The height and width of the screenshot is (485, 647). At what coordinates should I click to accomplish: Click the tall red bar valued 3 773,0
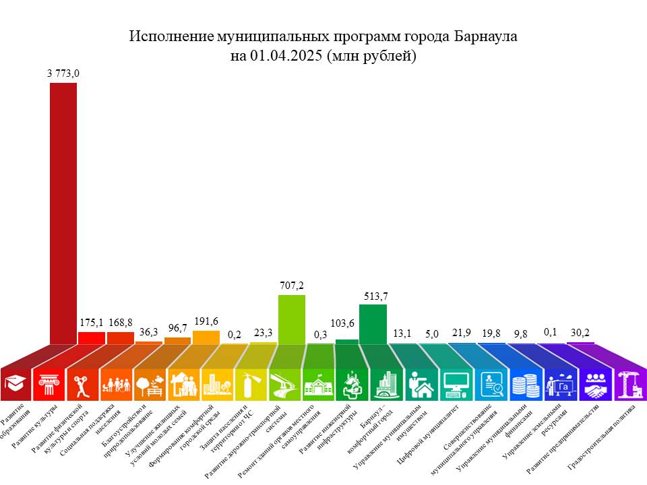(63, 216)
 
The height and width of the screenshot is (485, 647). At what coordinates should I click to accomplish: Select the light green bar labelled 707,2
(292, 321)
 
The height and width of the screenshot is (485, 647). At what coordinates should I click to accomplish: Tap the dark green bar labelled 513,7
(373, 325)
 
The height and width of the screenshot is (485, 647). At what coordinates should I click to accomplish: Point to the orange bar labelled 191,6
(206, 337)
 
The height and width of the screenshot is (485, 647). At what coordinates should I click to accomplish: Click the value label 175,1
(91, 323)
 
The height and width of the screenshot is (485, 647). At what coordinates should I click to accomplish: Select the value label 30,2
(580, 331)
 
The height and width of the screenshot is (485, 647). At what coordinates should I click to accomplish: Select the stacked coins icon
(522, 385)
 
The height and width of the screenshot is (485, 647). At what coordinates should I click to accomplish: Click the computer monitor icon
(455, 385)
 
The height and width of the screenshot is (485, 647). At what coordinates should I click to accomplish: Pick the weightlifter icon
(81, 385)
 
